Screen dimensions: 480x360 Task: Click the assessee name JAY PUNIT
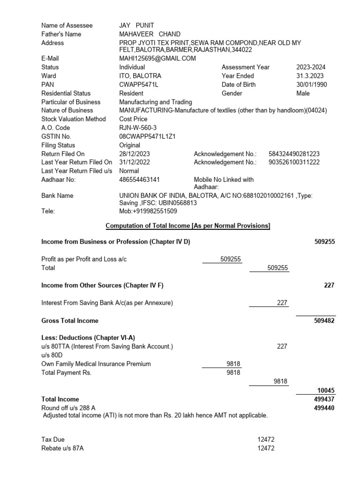pyautogui.click(x=136, y=25)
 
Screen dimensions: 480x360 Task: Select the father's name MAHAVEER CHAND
pyautogui.click(x=150, y=34)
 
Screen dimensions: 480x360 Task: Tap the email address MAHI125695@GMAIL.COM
pyautogui.click(x=157, y=59)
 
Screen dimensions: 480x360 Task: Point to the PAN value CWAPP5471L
pyautogui.click(x=139, y=84)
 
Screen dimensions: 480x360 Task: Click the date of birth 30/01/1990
pyautogui.click(x=312, y=84)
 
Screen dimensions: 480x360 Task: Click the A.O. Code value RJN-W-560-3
pyautogui.click(x=138, y=128)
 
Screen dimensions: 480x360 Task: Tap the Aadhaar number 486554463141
pyautogui.click(x=139, y=180)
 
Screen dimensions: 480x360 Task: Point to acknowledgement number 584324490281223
pyautogui.click(x=294, y=154)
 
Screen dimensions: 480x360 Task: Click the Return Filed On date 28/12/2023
pyautogui.click(x=135, y=154)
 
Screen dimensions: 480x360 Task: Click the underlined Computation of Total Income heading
pyautogui.click(x=188, y=226)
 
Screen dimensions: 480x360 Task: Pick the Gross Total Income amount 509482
pyautogui.click(x=324, y=321)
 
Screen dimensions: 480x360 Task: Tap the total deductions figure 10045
pyautogui.click(x=325, y=390)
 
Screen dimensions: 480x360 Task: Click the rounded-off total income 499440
pyautogui.click(x=324, y=408)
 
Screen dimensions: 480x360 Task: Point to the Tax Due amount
pyautogui.click(x=266, y=440)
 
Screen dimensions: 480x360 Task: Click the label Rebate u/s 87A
pyautogui.click(x=63, y=448)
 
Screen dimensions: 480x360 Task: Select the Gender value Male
pyautogui.click(x=303, y=93)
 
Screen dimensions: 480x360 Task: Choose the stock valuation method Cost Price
pyautogui.click(x=133, y=119)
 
